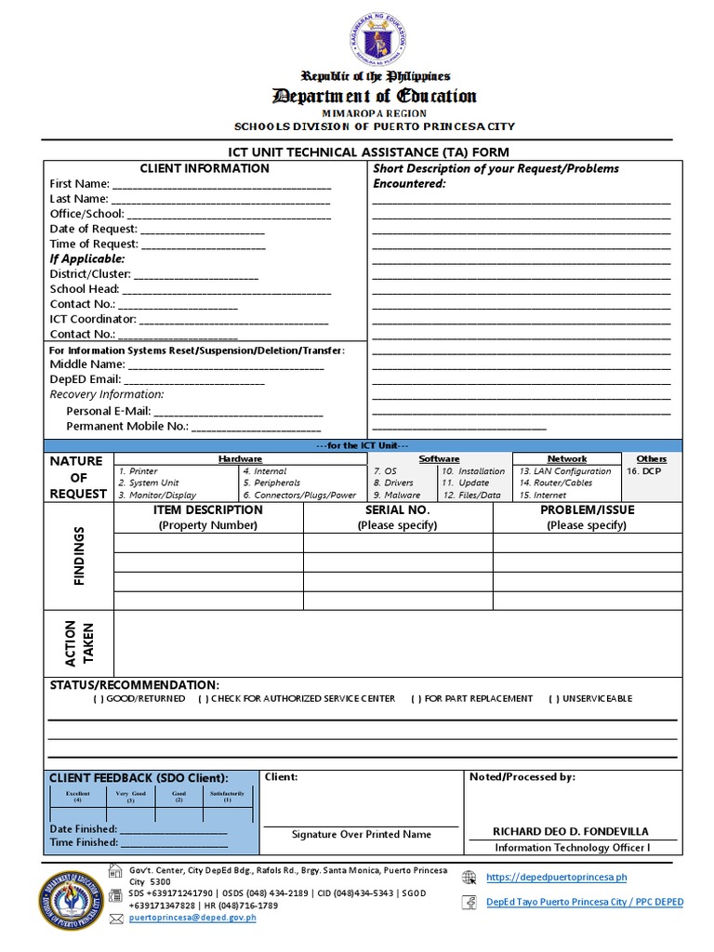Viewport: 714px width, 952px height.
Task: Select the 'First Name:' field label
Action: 79,184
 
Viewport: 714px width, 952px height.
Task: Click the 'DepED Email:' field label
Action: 85,379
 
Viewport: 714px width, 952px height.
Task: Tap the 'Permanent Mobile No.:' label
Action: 127,426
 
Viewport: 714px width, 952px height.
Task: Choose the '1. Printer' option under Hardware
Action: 139,471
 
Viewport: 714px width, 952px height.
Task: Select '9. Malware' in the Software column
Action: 396,496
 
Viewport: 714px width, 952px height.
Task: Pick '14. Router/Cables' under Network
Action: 556,483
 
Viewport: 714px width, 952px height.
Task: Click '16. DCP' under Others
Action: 643,471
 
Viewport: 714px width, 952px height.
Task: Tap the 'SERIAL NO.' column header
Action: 397,510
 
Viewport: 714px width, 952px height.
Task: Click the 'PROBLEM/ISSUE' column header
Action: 586,510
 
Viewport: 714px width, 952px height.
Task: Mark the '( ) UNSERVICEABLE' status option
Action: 590,698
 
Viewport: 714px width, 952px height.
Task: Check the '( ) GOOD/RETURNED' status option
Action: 139,698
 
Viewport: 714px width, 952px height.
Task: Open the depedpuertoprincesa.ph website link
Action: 556,877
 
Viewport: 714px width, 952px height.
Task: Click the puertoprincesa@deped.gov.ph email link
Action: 192,918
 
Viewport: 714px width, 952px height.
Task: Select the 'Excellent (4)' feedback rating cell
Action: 77,797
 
